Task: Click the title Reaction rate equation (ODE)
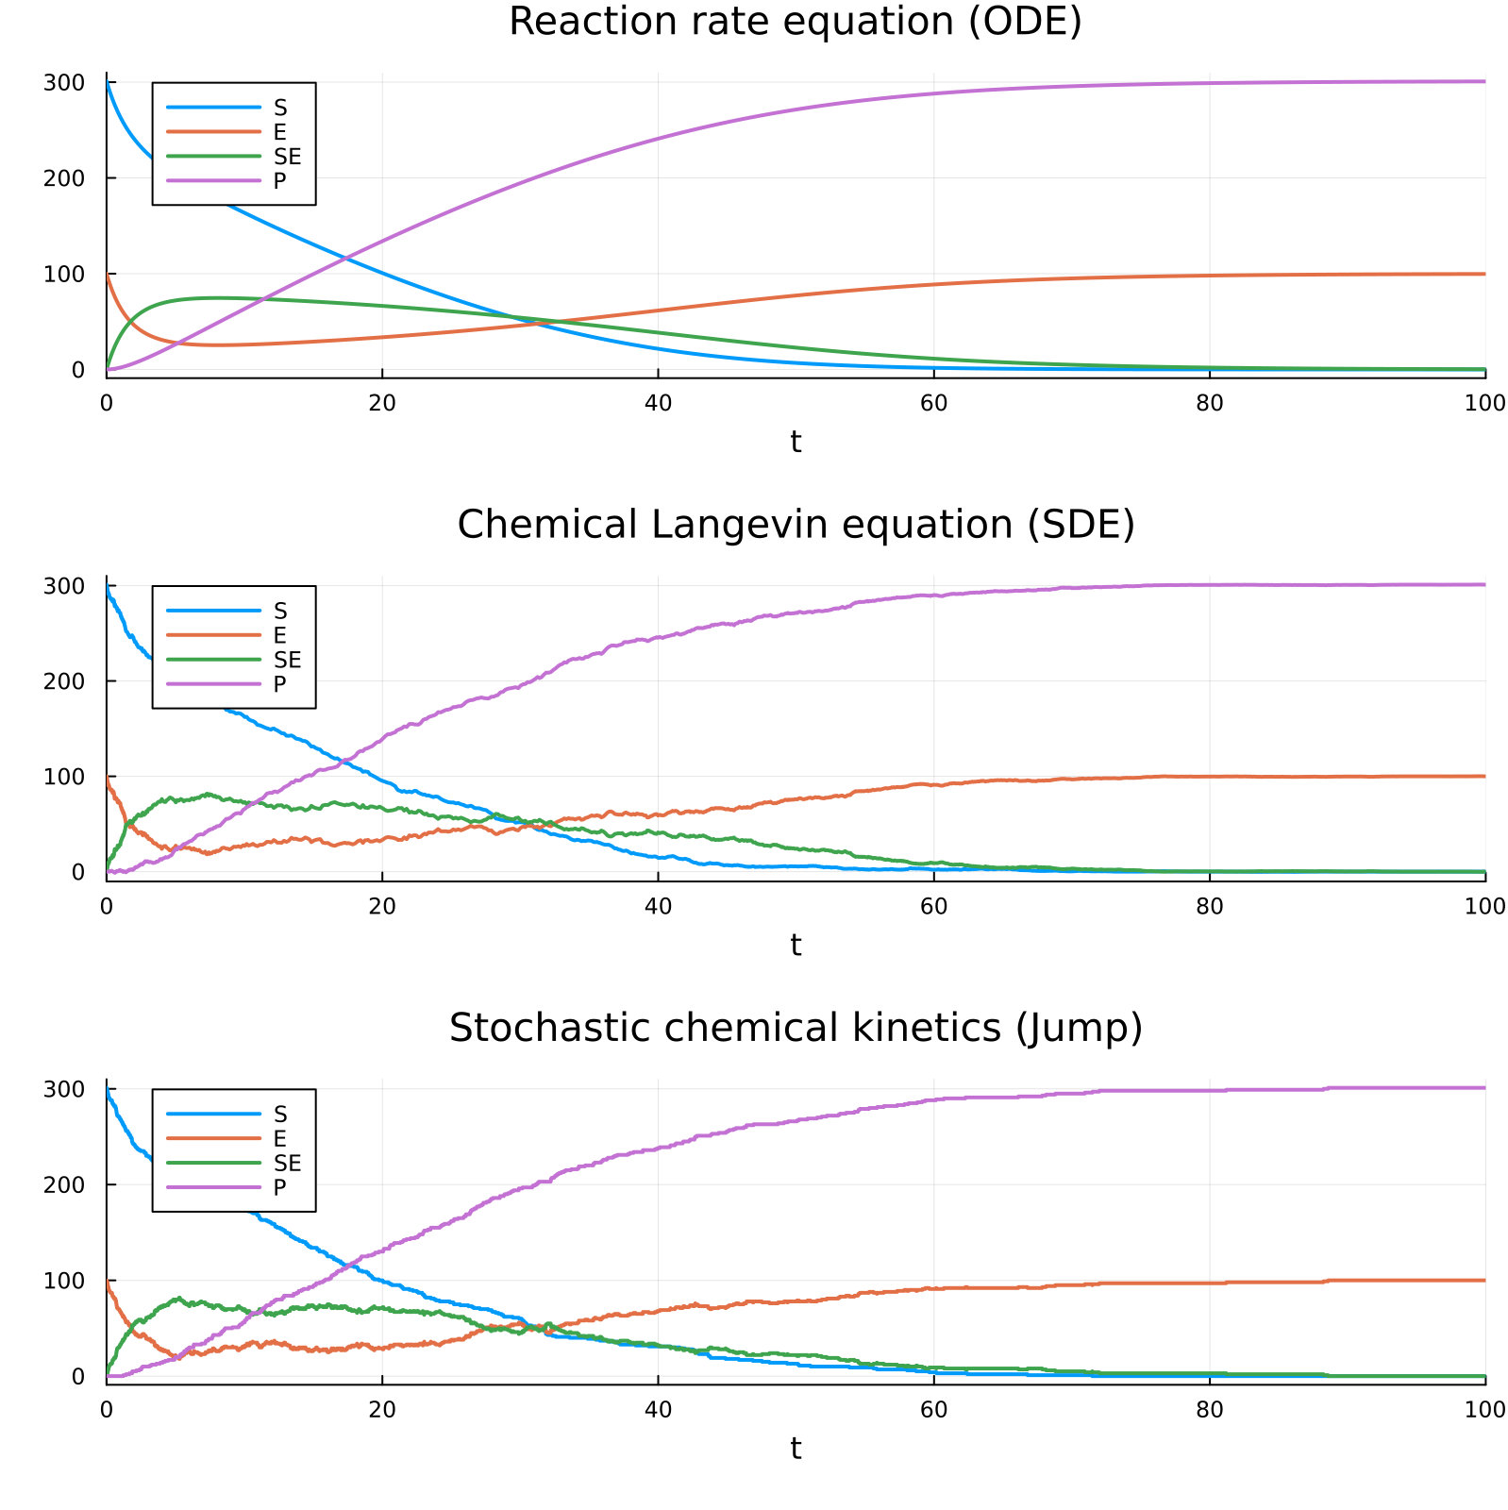click(795, 22)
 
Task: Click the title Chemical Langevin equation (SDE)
click(795, 525)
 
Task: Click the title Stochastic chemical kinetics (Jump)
click(795, 1028)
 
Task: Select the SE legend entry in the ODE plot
click(287, 157)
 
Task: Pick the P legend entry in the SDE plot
click(279, 684)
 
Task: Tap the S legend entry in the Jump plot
click(279, 1115)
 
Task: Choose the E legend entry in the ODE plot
click(279, 132)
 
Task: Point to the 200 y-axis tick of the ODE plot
click(64, 178)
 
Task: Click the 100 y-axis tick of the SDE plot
click(64, 777)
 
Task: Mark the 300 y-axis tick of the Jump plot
click(64, 1089)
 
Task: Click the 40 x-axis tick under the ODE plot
click(658, 403)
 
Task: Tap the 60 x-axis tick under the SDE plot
click(933, 906)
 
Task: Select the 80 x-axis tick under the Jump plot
click(1209, 1410)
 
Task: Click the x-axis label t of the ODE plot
click(796, 441)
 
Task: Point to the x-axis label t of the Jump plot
click(796, 1448)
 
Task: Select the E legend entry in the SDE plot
click(279, 635)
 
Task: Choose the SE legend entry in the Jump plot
click(287, 1164)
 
